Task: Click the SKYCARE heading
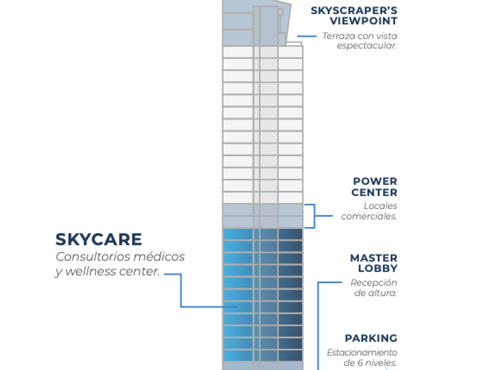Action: pos(99,240)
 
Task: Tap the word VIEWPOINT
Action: pos(363,21)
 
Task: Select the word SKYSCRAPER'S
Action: pos(354,10)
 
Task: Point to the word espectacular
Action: pos(367,45)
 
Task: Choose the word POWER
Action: pos(374,181)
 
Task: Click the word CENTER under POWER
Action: pos(374,192)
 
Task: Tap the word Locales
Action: pos(380,206)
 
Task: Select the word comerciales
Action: pos(369,216)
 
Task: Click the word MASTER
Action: pos(373,258)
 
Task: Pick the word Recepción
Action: pos(374,282)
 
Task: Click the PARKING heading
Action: pos(371,338)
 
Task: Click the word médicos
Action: pos(158,257)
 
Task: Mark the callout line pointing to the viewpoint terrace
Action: pos(307,36)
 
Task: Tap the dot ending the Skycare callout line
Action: pos(237,307)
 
